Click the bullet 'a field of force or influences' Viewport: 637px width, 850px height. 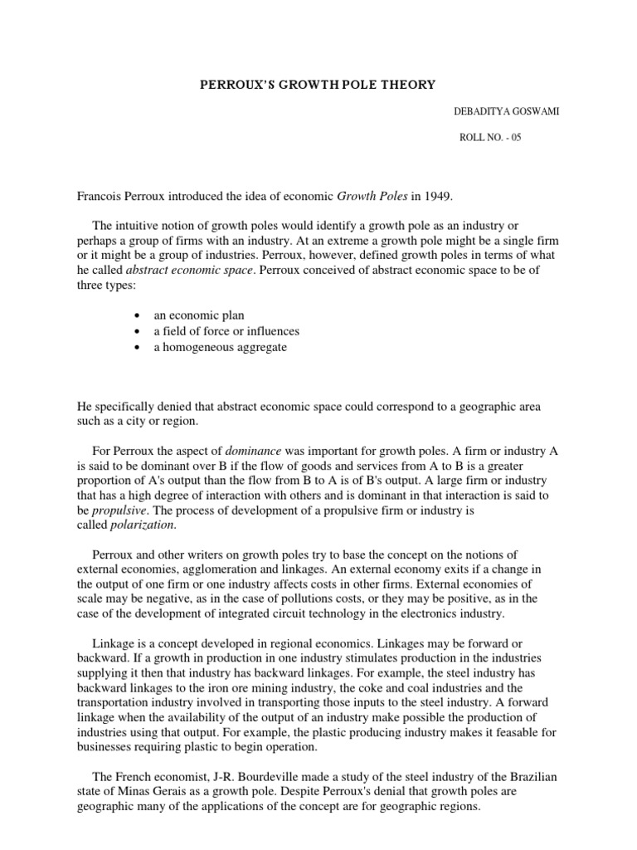click(x=226, y=331)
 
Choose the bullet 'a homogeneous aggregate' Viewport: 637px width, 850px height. click(x=220, y=347)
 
